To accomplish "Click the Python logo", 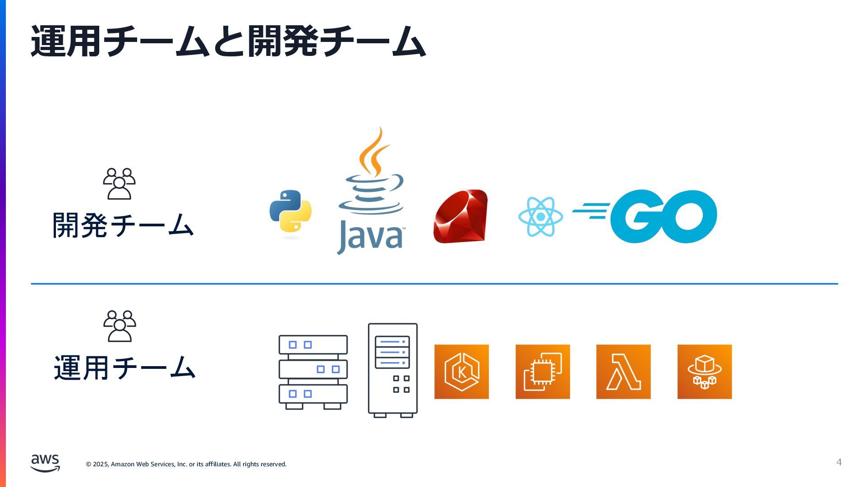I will pyautogui.click(x=290, y=211).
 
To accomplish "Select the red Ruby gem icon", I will pyautogui.click(x=461, y=216).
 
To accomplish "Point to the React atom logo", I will pyautogui.click(x=540, y=217).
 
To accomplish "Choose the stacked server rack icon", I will pyautogui.click(x=313, y=372).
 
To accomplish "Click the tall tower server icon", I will pyautogui.click(x=392, y=370).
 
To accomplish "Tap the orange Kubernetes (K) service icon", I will pyautogui.click(x=461, y=372).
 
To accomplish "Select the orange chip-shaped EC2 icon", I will pyautogui.click(x=543, y=372).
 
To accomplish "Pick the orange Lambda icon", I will pyautogui.click(x=623, y=372).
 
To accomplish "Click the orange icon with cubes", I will pyautogui.click(x=705, y=372).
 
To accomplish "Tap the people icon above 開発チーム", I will pyautogui.click(x=119, y=184).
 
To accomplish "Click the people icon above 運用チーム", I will pyautogui.click(x=120, y=326).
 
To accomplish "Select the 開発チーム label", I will pyautogui.click(x=123, y=225).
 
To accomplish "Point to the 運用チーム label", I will pyautogui.click(x=124, y=368).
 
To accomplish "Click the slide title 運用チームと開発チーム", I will pyautogui.click(x=228, y=41).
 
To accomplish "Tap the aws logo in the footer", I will pyautogui.click(x=45, y=463).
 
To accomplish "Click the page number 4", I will pyautogui.click(x=839, y=462).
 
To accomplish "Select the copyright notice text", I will pyautogui.click(x=186, y=464).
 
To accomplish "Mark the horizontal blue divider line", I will pyautogui.click(x=434, y=284).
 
